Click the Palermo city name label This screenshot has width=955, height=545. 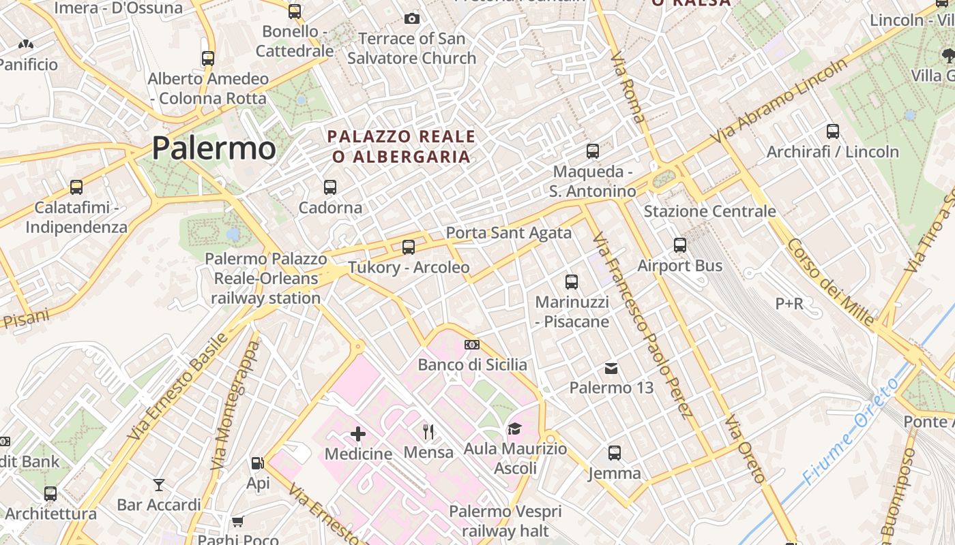click(x=214, y=148)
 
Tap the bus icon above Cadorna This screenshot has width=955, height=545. click(x=330, y=186)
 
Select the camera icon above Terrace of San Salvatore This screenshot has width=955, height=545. click(x=411, y=18)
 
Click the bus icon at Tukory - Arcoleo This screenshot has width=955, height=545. click(x=409, y=247)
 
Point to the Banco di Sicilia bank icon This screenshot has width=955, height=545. click(x=472, y=345)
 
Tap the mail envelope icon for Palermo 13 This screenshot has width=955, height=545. click(x=611, y=369)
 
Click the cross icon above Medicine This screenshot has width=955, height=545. click(x=358, y=433)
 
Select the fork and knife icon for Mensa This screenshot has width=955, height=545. click(x=428, y=431)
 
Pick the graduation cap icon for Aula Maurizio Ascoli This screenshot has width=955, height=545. click(x=514, y=429)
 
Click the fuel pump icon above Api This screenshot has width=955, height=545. click(x=257, y=463)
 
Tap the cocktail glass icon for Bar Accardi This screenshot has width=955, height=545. click(x=159, y=484)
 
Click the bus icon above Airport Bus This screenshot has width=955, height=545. click(x=679, y=245)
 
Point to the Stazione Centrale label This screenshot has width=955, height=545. click(x=709, y=211)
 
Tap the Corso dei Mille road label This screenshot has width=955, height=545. click(x=830, y=281)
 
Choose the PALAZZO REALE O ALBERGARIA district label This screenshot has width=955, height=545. click(x=402, y=146)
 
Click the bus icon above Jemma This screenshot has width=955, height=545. click(x=615, y=452)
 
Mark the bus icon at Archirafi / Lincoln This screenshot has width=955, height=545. click(x=832, y=131)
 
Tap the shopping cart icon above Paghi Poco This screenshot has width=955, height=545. click(x=237, y=522)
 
